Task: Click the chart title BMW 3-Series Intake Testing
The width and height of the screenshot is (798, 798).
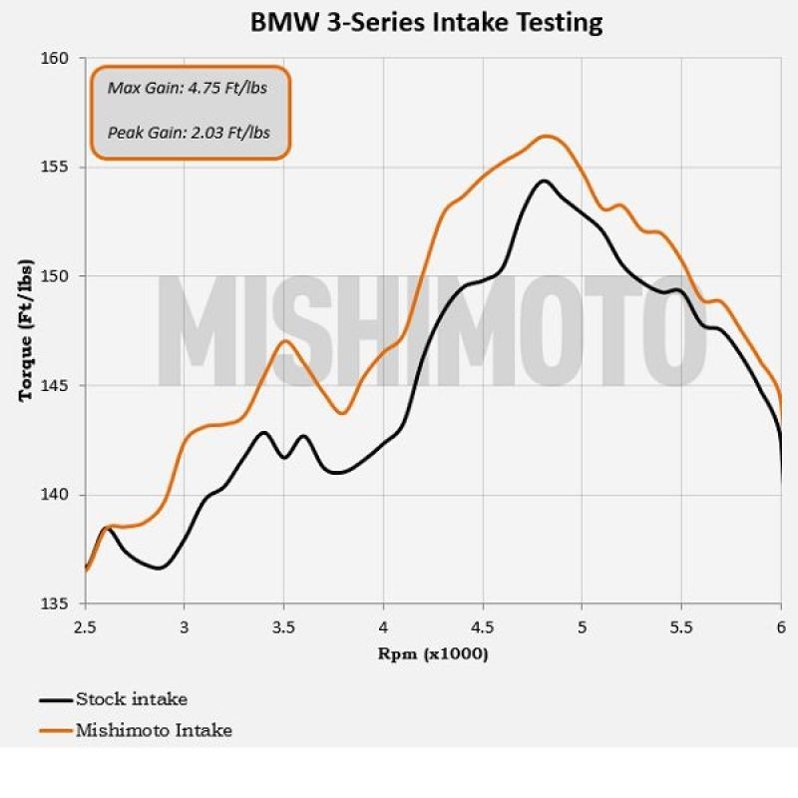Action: click(426, 22)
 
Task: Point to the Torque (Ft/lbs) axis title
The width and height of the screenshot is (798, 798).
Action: click(26, 329)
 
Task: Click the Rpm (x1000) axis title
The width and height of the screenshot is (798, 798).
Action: click(432, 654)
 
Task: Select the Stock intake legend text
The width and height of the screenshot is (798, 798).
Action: click(132, 699)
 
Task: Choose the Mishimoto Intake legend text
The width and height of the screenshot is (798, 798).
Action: click(154, 730)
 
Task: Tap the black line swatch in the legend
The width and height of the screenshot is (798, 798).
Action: click(56, 700)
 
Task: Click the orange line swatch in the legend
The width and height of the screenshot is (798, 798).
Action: click(56, 731)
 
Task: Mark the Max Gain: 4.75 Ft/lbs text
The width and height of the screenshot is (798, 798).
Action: click(188, 88)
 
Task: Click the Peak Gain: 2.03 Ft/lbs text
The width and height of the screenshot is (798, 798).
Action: click(190, 131)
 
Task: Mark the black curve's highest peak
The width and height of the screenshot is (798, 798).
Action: click(544, 181)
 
